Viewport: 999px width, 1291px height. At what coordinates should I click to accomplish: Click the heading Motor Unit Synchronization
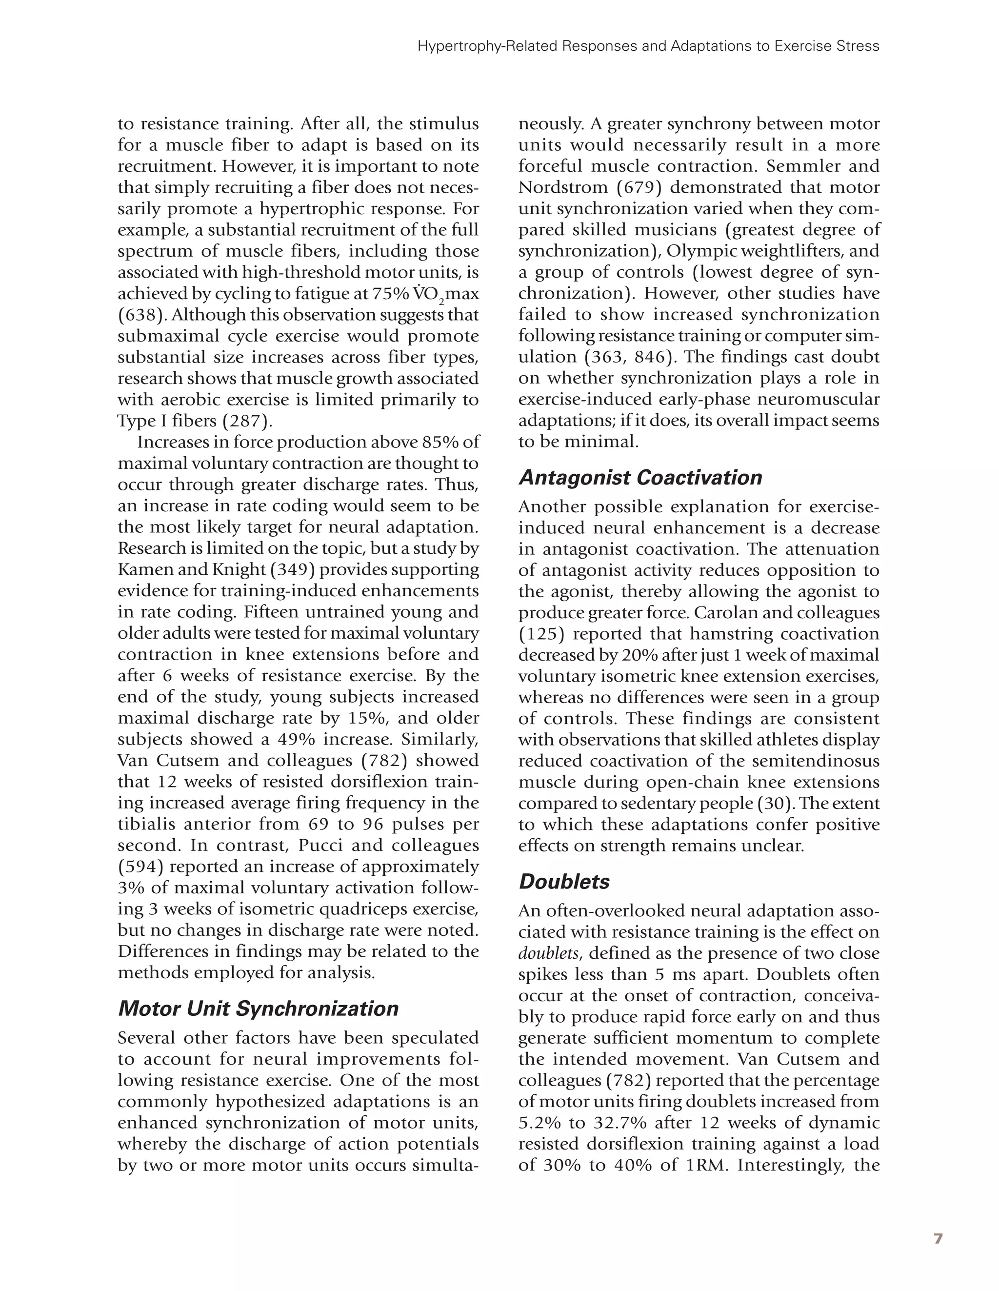coord(259,1009)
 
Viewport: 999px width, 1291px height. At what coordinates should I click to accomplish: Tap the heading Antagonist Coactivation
coord(640,478)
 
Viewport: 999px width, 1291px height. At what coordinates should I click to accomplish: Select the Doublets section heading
coord(564,882)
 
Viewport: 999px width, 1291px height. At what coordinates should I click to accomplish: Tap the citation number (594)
coord(140,867)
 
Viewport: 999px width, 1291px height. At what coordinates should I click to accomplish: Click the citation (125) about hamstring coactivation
coord(541,634)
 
